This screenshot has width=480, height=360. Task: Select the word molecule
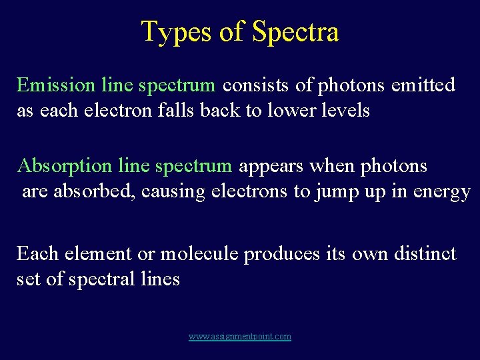[200, 254]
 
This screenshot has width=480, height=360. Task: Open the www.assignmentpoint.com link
[240, 337]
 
